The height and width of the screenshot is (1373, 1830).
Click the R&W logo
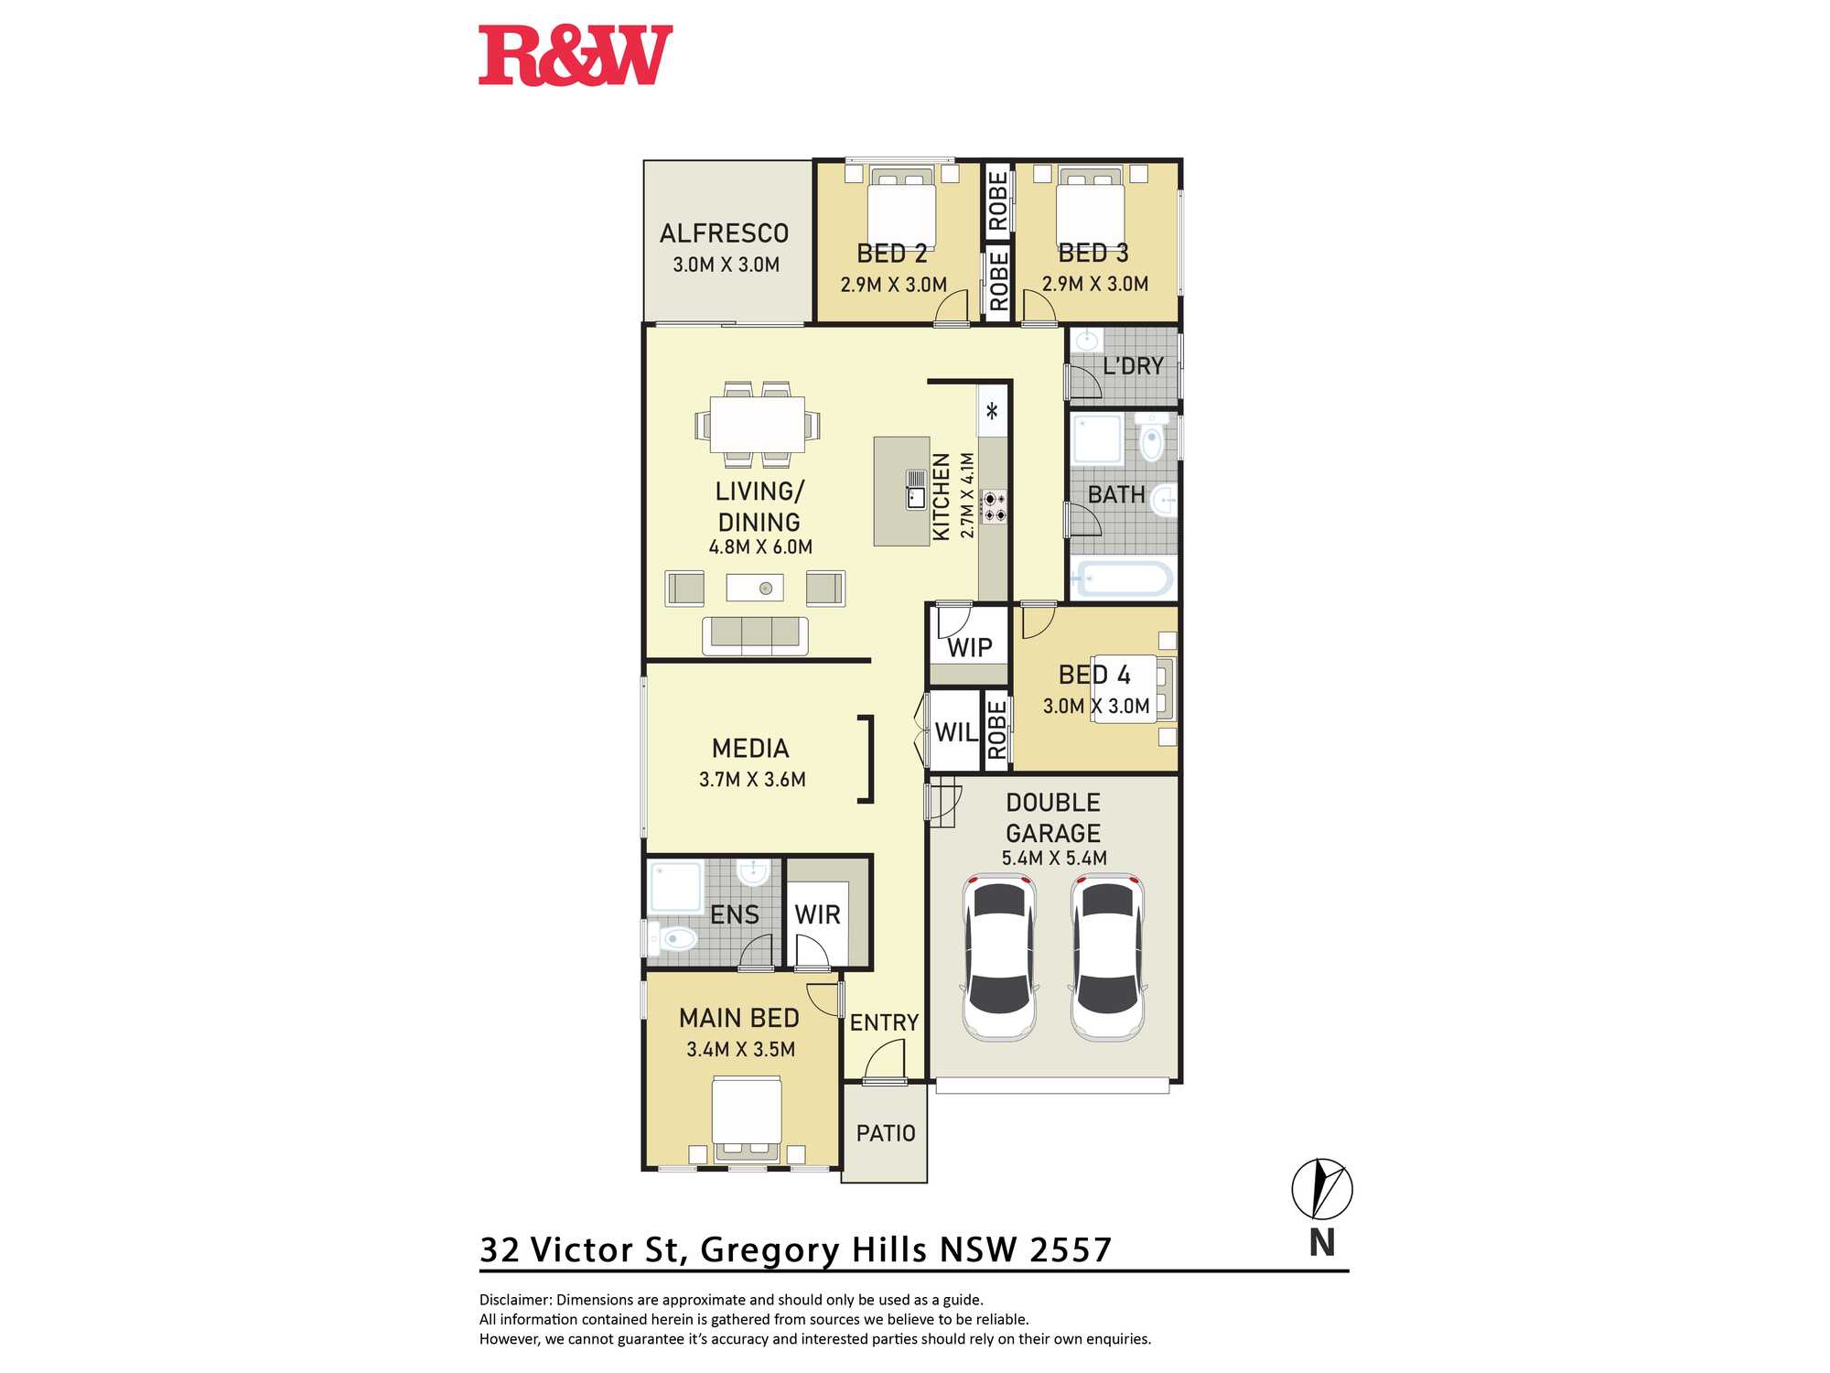(x=576, y=56)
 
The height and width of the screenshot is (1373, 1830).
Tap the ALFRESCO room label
(x=724, y=233)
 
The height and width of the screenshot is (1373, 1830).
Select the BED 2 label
(x=892, y=254)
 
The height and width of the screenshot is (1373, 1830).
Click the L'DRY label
(x=1133, y=366)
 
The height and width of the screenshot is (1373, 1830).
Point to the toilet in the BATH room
(x=1153, y=437)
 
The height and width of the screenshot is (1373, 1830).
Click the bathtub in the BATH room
(x=1123, y=578)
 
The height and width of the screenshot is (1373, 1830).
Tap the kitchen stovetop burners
(x=994, y=506)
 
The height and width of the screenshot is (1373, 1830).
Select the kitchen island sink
(x=916, y=489)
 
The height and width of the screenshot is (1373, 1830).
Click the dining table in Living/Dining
(x=758, y=424)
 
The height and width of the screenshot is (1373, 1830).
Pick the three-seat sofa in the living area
(x=755, y=635)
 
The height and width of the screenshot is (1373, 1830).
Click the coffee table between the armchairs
(x=755, y=588)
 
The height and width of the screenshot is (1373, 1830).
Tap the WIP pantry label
(x=970, y=648)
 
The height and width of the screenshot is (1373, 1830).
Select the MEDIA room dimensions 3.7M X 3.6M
(x=752, y=780)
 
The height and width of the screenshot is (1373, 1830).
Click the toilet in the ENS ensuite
(x=672, y=938)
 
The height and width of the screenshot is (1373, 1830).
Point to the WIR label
(x=817, y=914)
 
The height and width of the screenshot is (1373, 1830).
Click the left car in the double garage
(x=999, y=957)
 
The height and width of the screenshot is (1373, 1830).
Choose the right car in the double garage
(x=1108, y=957)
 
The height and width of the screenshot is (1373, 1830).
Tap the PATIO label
(x=886, y=1133)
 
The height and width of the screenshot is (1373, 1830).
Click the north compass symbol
(x=1322, y=1189)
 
